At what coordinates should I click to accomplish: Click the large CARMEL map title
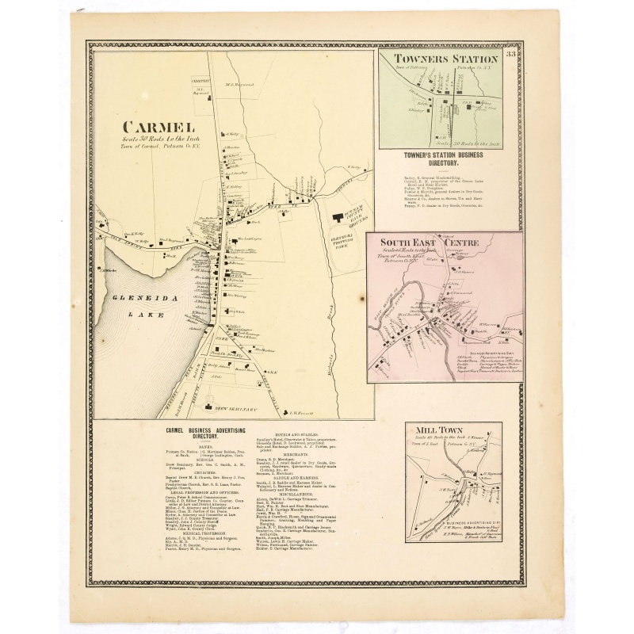[158, 126]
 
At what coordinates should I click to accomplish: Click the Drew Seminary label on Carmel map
[237, 409]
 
